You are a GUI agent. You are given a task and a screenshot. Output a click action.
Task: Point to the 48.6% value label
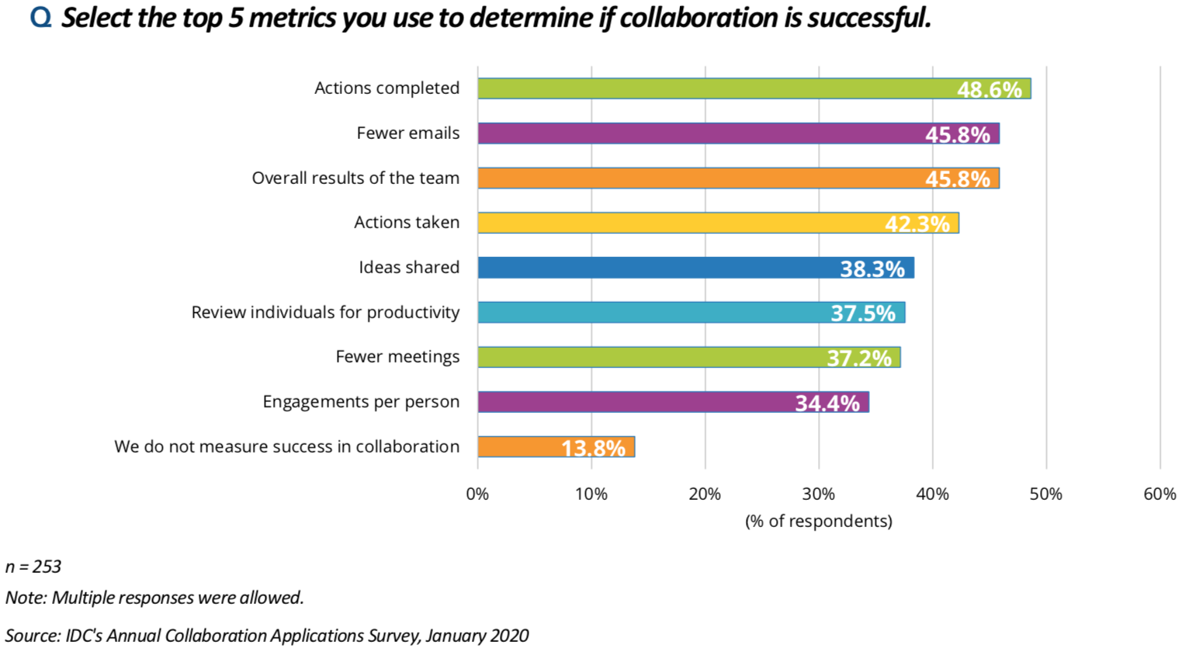[x=989, y=90]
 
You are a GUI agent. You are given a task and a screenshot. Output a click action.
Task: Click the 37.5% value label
[x=862, y=314]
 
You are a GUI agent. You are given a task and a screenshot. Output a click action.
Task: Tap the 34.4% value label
[x=827, y=404]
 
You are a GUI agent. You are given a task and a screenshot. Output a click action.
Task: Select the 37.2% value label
[x=859, y=359]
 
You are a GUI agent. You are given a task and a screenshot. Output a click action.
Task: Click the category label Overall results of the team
[x=355, y=179]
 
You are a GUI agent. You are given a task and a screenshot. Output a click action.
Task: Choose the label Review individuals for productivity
[x=325, y=313]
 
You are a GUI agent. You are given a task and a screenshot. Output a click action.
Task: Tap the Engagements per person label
[x=361, y=402]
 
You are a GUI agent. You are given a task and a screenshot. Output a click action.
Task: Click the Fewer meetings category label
[x=397, y=357]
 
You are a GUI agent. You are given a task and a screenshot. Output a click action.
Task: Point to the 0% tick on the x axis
[x=477, y=494]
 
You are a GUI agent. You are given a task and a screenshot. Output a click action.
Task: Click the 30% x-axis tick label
[x=818, y=494]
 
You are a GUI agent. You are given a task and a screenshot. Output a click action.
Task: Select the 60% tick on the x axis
[x=1160, y=494]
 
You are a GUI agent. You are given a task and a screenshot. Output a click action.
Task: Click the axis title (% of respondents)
[x=818, y=521]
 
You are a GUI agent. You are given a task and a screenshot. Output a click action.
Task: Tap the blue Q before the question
[x=40, y=17]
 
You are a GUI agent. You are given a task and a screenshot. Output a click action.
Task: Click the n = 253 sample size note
[x=33, y=567]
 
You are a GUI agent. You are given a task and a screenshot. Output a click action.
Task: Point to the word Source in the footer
[x=31, y=636]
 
